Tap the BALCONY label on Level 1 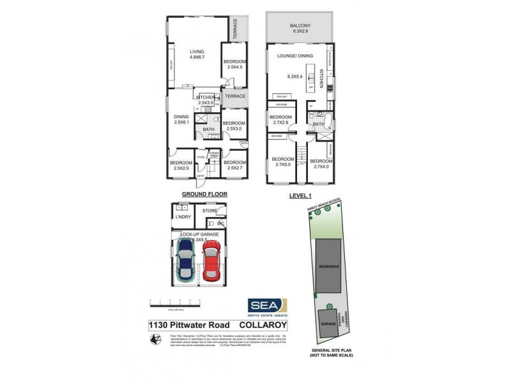point(300,27)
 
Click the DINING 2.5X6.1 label point(182,119)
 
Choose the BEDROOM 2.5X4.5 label point(234,64)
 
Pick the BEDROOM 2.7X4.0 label point(321,164)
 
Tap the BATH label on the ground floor point(208,130)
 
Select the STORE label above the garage point(210,210)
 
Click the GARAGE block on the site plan point(329,324)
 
